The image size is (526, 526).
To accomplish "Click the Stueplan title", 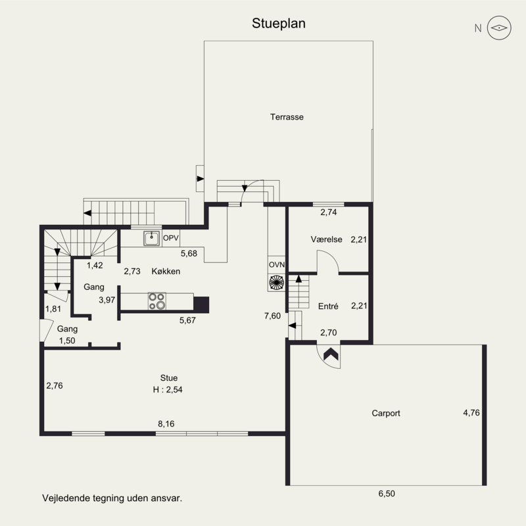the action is (278, 24).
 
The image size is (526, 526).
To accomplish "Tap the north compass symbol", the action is (499, 28).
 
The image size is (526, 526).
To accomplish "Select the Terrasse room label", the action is (287, 117).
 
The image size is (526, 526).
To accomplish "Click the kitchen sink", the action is (152, 238).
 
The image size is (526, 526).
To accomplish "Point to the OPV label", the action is (171, 238).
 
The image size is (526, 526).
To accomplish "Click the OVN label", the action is (277, 265).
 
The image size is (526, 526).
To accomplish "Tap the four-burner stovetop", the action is (157, 301).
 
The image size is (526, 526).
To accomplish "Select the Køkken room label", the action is (166, 271).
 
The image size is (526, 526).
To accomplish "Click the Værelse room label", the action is (326, 239).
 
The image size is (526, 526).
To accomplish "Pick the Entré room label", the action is (328, 306).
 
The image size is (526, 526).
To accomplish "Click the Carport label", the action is (386, 413).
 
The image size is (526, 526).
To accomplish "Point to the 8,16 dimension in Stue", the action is (166, 424).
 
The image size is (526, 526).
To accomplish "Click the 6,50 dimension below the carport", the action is (387, 494).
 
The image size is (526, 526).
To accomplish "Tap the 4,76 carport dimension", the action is (471, 413).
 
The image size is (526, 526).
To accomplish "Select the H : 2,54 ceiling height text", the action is (168, 389).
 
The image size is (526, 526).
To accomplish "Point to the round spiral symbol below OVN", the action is (276, 282).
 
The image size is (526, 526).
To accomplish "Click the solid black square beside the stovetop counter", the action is (201, 304).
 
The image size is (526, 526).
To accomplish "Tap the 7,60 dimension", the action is (272, 316).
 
